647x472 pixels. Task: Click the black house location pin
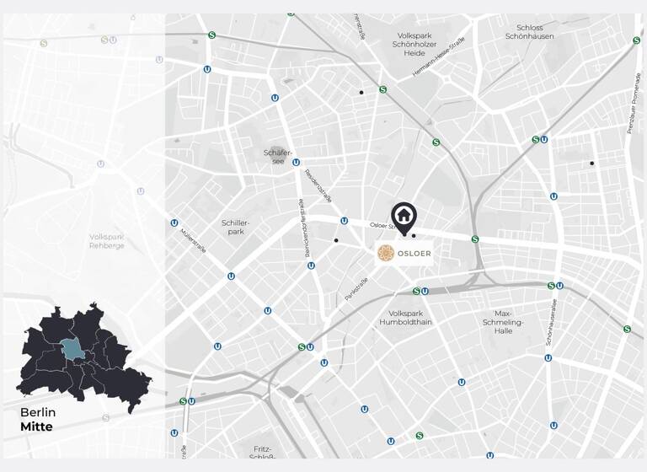point(404,217)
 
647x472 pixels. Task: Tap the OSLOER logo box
point(404,253)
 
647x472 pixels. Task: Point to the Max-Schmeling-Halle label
point(504,322)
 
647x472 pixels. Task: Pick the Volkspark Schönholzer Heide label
point(414,44)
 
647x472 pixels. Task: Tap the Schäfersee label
point(278,156)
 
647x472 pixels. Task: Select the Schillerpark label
point(237,226)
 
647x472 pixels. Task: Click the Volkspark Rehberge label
point(107,241)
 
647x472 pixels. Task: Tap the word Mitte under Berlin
point(36,426)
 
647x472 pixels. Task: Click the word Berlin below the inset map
point(38,413)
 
